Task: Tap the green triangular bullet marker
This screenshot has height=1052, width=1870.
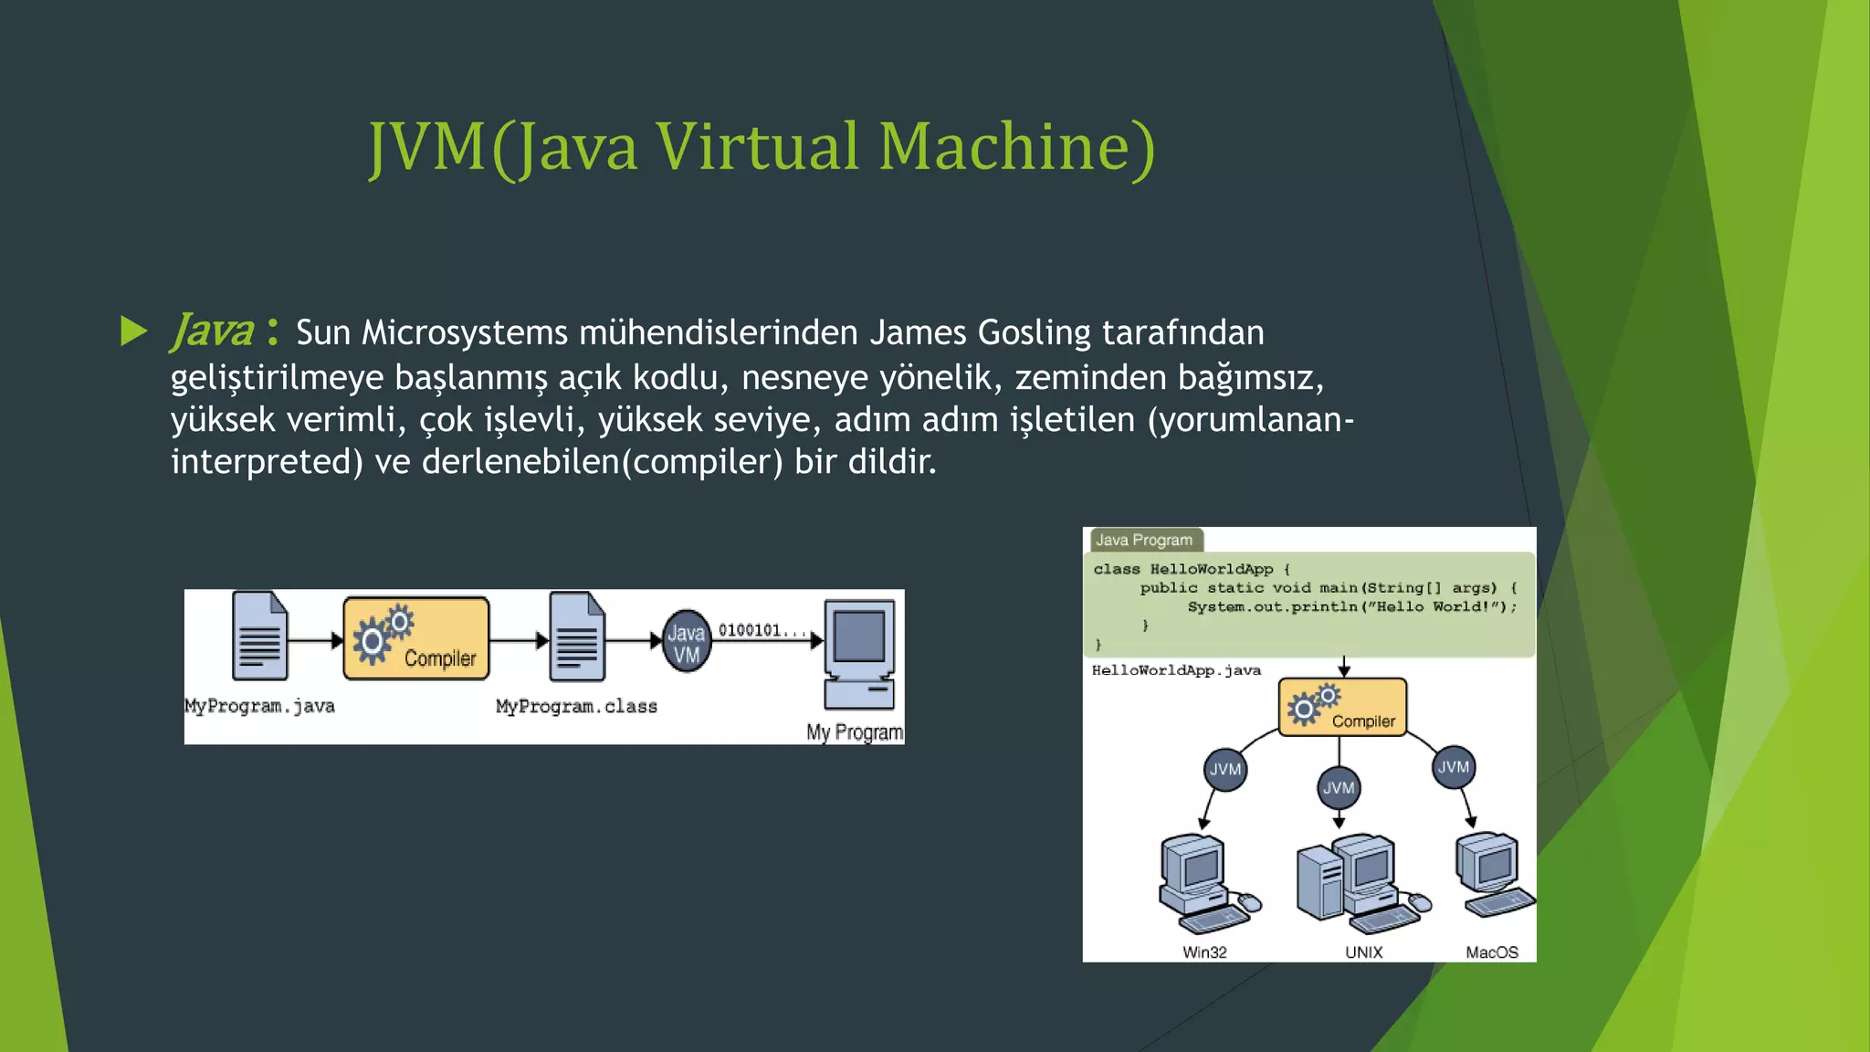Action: click(x=133, y=331)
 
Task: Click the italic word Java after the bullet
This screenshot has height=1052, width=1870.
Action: click(x=212, y=331)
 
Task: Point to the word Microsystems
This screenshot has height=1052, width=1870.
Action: click(x=465, y=332)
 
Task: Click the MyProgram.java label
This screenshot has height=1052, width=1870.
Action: click(x=260, y=706)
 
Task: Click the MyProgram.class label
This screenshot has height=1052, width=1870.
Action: click(x=576, y=706)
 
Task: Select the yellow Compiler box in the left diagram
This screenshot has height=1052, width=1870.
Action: click(x=416, y=638)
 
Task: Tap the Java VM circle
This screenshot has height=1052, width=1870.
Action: click(x=687, y=642)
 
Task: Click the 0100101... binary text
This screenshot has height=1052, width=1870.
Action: click(x=762, y=630)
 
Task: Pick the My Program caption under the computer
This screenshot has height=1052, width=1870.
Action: click(x=854, y=731)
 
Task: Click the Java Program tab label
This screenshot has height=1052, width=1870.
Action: click(x=1144, y=540)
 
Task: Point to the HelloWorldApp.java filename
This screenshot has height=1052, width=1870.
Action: click(x=1176, y=670)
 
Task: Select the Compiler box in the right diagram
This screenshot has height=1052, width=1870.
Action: click(x=1342, y=707)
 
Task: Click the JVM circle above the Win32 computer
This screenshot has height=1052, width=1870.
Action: click(x=1225, y=769)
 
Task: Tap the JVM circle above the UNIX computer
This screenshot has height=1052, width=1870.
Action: click(x=1339, y=787)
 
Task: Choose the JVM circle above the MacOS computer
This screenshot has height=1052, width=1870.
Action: click(x=1454, y=766)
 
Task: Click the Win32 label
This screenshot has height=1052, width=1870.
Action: click(x=1204, y=952)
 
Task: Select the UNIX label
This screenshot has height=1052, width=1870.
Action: click(x=1363, y=952)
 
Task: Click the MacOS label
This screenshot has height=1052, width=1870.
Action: click(x=1492, y=952)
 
